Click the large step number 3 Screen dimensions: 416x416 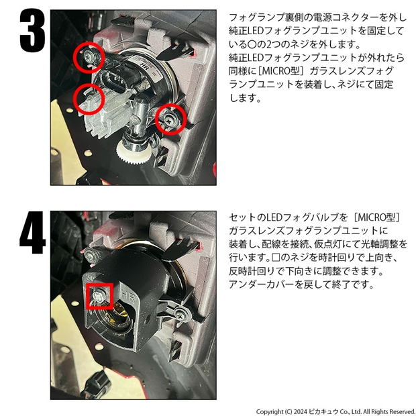click(x=33, y=30)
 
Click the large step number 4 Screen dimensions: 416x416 click(x=33, y=232)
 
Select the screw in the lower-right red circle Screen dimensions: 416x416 click(x=168, y=120)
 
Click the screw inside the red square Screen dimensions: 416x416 click(x=98, y=295)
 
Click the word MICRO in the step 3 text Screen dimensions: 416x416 click(x=274, y=71)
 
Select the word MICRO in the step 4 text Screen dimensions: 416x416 click(x=370, y=217)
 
